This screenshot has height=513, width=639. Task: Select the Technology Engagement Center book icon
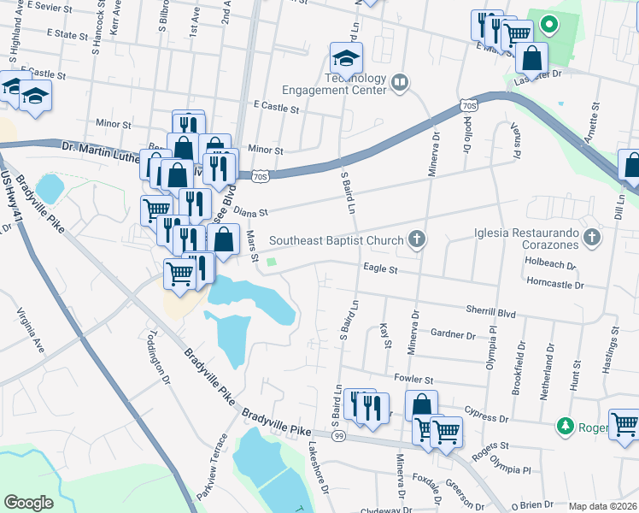tap(399, 83)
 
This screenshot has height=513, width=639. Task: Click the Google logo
tap(28, 503)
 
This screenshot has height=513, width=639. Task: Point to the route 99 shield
tap(338, 436)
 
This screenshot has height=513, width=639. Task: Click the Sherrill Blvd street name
tap(490, 314)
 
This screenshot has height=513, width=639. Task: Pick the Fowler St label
tap(413, 379)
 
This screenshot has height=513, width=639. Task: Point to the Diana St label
tap(251, 212)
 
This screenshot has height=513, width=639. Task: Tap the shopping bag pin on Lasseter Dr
tap(531, 59)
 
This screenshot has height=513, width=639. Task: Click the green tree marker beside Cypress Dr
tap(564, 425)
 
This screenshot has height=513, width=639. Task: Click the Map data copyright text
tap(602, 506)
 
